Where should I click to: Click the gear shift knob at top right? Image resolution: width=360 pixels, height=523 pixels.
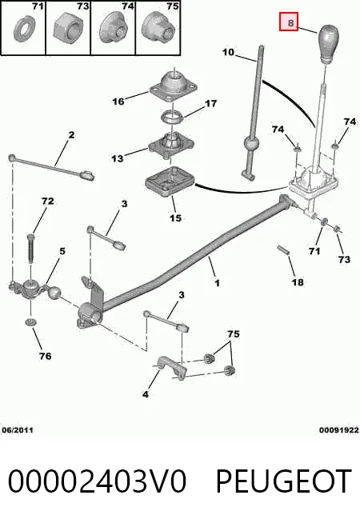(328, 44)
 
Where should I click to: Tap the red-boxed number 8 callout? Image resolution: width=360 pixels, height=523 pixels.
(289, 22)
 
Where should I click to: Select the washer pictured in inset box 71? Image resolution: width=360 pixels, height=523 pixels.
(24, 30)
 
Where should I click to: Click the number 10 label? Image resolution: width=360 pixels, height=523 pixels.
(228, 52)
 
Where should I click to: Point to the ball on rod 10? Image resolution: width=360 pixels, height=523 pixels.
(251, 144)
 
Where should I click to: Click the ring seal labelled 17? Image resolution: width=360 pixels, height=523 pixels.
(172, 118)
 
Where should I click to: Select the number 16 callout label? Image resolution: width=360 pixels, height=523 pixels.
(118, 102)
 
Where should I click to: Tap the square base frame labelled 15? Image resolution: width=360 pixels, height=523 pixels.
(170, 182)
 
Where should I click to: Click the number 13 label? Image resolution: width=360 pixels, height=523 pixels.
(117, 158)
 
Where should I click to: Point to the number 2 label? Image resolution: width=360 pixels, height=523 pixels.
(71, 135)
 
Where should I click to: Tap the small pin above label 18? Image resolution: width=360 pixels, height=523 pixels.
(282, 250)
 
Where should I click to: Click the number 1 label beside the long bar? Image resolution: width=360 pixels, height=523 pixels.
(218, 283)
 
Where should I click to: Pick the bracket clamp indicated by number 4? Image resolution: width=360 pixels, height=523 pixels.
(171, 367)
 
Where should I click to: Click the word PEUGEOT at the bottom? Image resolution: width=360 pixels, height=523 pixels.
(283, 481)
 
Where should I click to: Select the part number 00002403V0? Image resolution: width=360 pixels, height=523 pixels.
(97, 481)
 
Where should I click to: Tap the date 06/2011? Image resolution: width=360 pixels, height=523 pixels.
(18, 430)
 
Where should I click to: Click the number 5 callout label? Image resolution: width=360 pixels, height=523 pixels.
(62, 251)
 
